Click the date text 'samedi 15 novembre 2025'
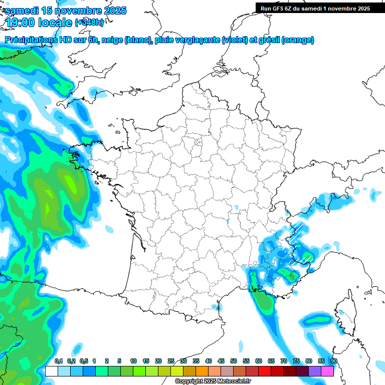tap(66, 11)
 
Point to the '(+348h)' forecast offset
tap(89, 23)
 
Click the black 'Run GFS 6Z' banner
tap(315, 8)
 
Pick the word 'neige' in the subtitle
tap(112, 40)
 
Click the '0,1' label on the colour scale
tap(58, 361)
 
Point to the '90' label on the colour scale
tap(333, 361)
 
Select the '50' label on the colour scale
tap(234, 361)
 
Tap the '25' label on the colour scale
tap(171, 361)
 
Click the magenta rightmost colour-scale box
tap(327, 371)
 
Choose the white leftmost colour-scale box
tap(51, 371)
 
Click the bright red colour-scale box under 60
tap(264, 371)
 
